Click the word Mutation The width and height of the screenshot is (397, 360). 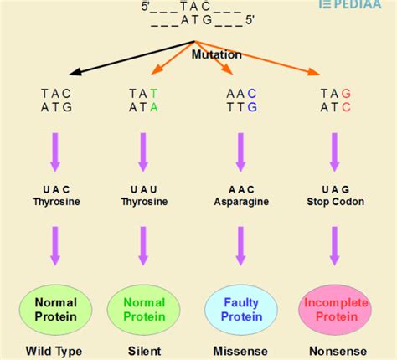point(217,54)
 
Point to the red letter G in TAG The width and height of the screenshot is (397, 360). point(346,93)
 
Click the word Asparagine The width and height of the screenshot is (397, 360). point(241,202)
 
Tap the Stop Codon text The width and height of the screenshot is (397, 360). point(335,202)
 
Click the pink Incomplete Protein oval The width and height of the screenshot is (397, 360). point(335,309)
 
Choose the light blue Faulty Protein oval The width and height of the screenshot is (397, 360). point(241,309)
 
